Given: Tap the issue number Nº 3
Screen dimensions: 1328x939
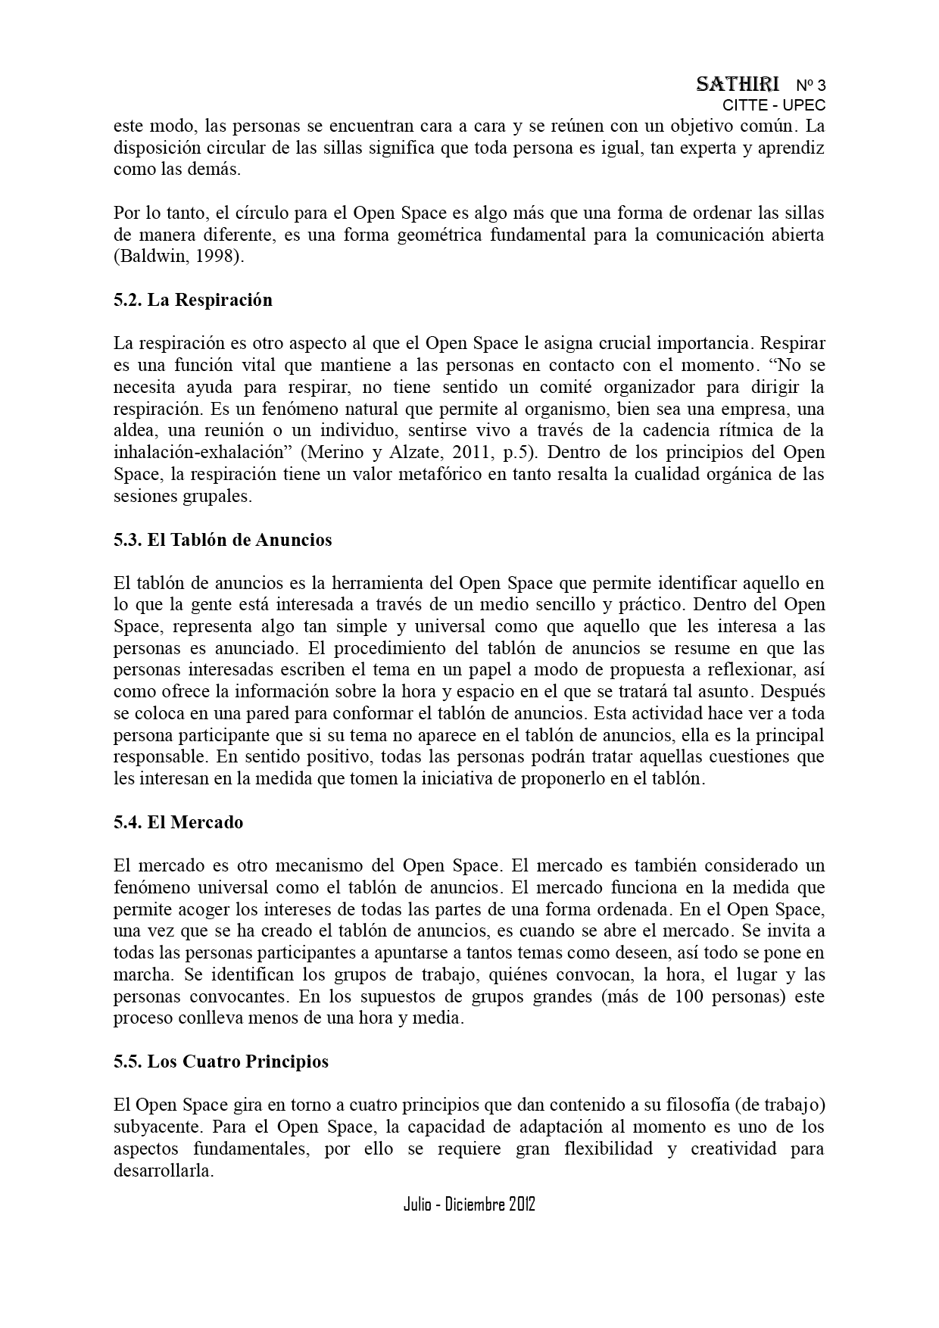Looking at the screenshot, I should point(810,86).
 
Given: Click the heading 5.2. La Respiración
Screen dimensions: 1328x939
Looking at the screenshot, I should point(192,300).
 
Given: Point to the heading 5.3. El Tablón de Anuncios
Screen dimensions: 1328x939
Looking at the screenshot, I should point(223,540).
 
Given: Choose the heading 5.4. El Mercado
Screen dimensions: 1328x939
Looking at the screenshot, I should point(178,822).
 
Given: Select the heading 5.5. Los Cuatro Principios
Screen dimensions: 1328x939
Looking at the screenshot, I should point(220,1061).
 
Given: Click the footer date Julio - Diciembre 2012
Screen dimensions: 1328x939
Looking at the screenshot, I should point(469,1205).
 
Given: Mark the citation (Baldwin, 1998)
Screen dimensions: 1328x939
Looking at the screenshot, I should point(179,257).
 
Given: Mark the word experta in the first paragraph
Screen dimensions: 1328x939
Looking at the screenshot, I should point(707,148).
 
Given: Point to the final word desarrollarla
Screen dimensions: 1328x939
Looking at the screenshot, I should point(164,1171).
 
